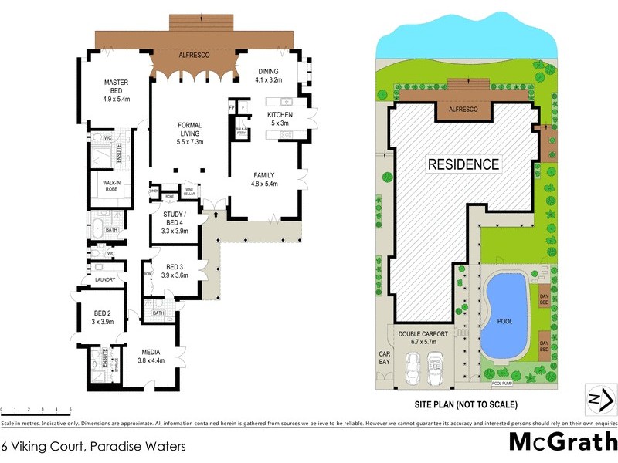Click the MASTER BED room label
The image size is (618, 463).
117,90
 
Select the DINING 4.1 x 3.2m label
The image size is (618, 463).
270,75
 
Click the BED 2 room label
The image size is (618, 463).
103,317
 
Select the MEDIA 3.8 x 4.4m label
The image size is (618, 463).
151,356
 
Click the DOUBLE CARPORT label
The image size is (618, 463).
423,338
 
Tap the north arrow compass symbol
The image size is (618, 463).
599,399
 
